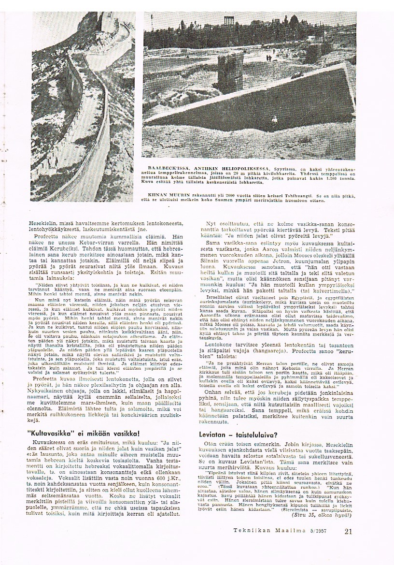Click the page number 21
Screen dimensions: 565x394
[349, 531]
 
